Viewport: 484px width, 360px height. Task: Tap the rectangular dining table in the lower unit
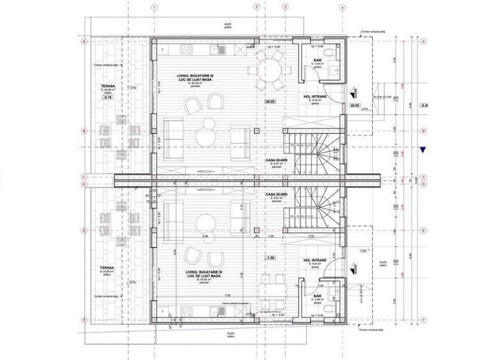point(271,288)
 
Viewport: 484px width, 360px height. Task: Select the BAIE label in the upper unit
point(318,59)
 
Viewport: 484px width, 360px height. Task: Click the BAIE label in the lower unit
point(318,296)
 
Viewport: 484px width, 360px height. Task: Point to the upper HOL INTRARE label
point(315,97)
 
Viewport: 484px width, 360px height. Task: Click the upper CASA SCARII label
point(276,160)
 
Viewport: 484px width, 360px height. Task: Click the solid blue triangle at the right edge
point(423,150)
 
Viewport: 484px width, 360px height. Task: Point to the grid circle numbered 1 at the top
point(153,8)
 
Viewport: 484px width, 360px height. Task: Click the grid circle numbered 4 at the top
point(342,8)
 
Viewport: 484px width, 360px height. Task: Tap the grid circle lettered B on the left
point(84,131)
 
